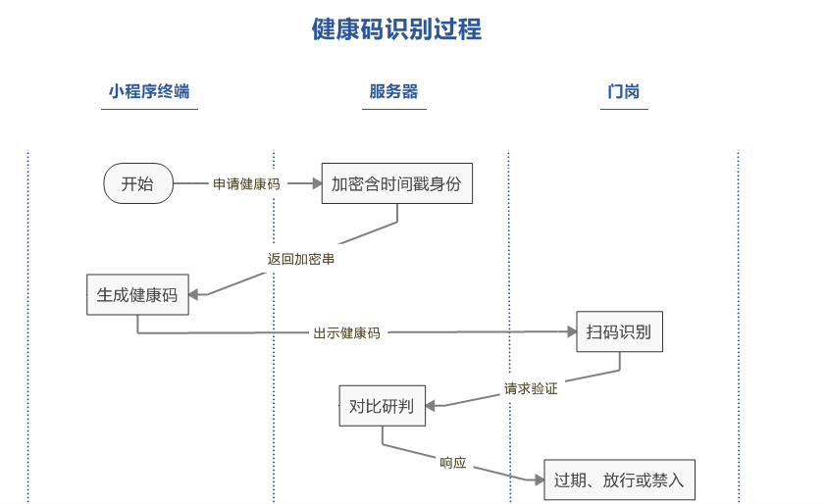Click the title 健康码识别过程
[396, 29]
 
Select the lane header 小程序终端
[148, 92]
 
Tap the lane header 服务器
[393, 92]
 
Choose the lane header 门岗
[624, 92]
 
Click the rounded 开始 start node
[138, 183]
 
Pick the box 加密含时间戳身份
[396, 183]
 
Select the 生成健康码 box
[136, 294]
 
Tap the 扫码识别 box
[619, 331]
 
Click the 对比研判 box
[382, 405]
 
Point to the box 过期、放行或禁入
[618, 480]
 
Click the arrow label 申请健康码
[246, 183]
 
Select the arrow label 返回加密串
[294, 260]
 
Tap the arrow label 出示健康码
[346, 333]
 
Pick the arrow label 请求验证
[531, 388]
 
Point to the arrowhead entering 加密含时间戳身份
[316, 183]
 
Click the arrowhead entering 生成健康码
[193, 293]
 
